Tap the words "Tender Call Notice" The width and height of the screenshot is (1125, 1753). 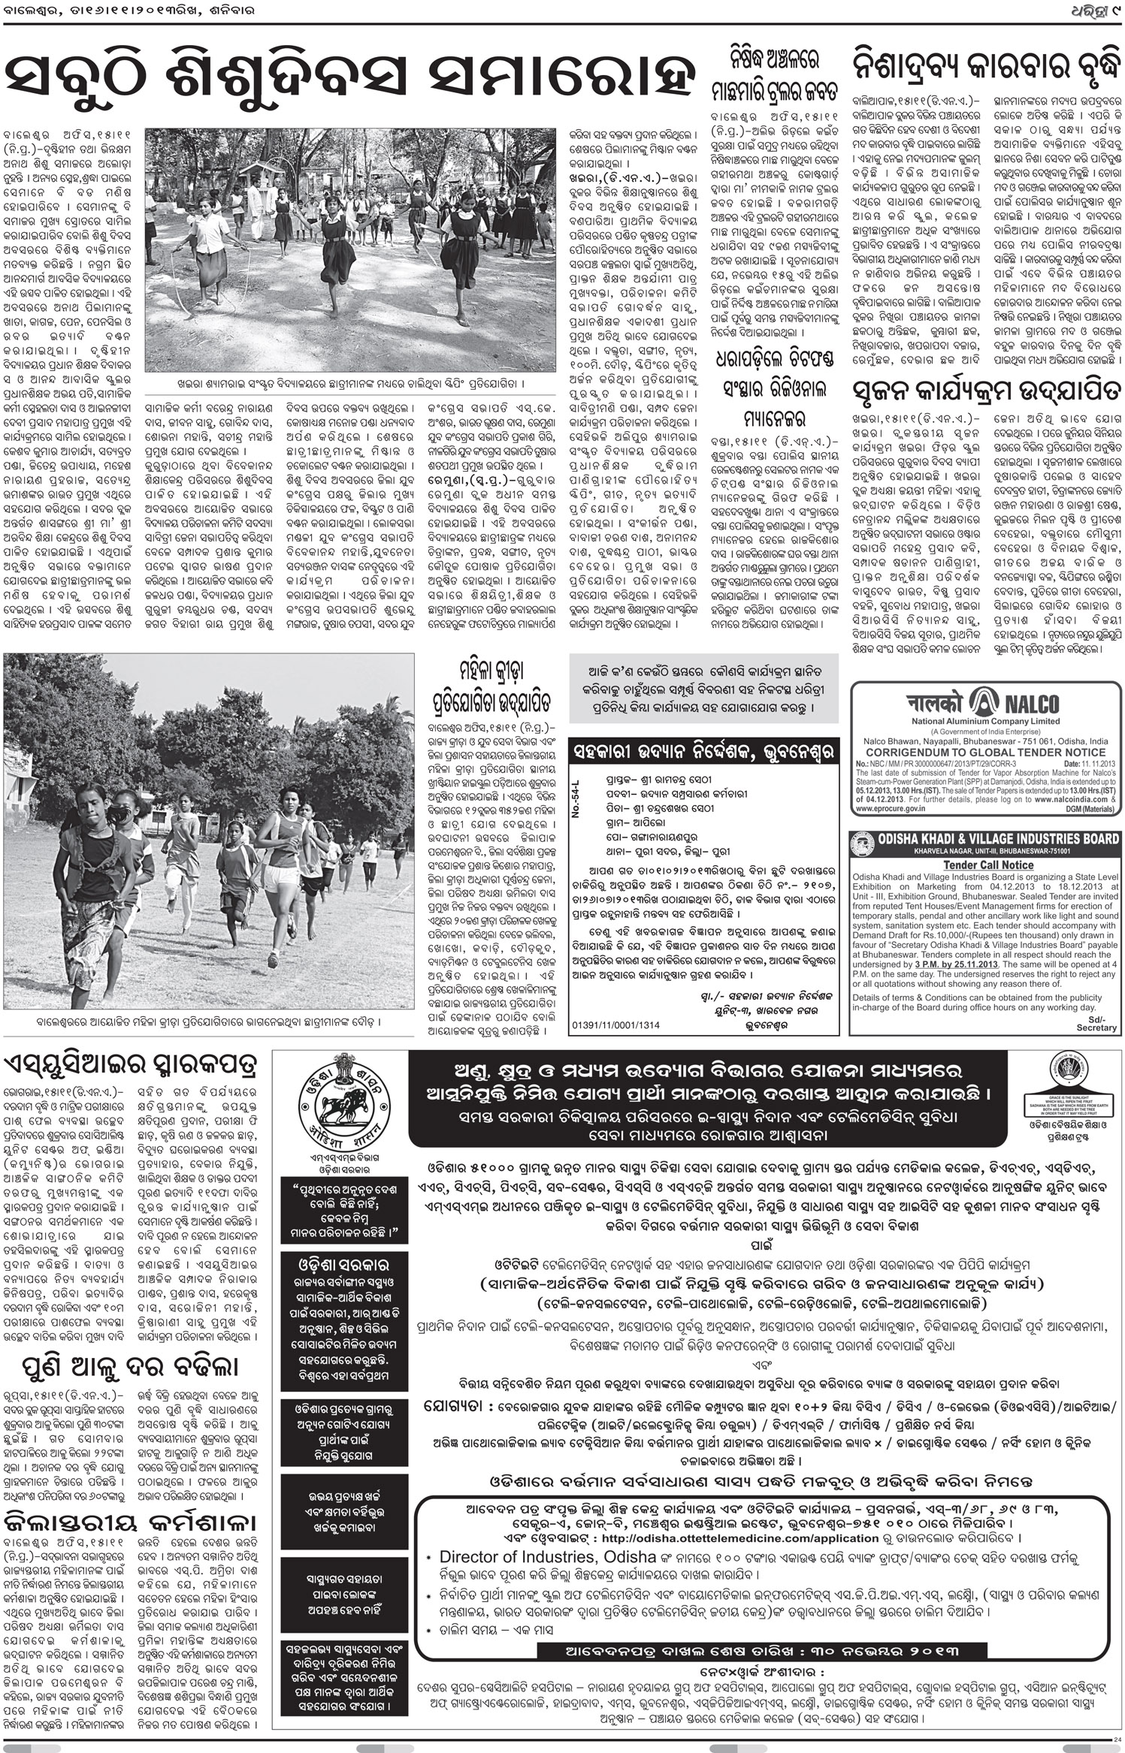point(984,865)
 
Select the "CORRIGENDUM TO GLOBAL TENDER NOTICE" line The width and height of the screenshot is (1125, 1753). point(984,752)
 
